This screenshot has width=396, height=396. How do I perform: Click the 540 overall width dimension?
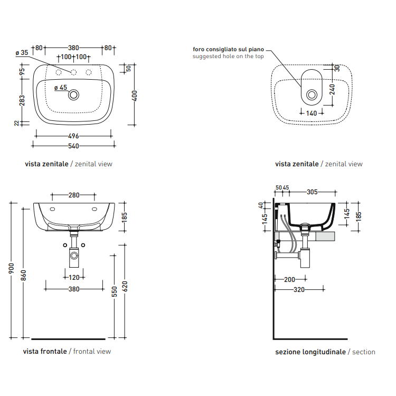pyautogui.click(x=73, y=146)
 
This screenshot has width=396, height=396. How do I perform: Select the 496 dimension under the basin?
pyautogui.click(x=73, y=136)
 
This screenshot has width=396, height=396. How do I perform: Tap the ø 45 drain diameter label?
pyautogui.click(x=61, y=88)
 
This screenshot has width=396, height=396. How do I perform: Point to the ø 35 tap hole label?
pyautogui.click(x=22, y=53)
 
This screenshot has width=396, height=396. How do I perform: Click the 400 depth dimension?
pyautogui.click(x=135, y=96)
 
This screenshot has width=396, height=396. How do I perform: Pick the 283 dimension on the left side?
pyautogui.click(x=22, y=100)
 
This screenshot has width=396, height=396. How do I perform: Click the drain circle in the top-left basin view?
pyautogui.click(x=74, y=95)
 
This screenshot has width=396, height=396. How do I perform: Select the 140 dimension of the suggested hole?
pyautogui.click(x=312, y=113)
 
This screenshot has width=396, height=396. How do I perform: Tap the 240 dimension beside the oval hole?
pyautogui.click(x=332, y=89)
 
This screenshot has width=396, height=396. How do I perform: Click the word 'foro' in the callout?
pyautogui.click(x=199, y=49)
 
